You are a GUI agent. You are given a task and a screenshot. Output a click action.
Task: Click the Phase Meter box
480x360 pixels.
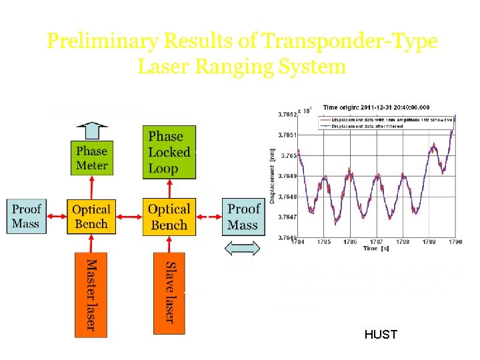tap(92, 159)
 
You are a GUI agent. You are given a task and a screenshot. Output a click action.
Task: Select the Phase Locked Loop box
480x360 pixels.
tap(169, 153)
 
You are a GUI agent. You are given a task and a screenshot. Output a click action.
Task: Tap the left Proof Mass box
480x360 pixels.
tap(26, 217)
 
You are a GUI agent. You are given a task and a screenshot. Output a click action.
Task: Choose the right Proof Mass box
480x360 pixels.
tap(243, 217)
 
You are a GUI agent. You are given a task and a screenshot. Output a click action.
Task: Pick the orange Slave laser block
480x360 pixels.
tap(169, 292)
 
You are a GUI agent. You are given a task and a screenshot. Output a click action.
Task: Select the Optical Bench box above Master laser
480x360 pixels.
tap(91, 217)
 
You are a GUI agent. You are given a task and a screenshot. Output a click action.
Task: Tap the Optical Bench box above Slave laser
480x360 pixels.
tap(169, 217)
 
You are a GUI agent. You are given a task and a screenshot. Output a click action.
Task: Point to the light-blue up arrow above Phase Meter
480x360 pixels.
tap(92, 127)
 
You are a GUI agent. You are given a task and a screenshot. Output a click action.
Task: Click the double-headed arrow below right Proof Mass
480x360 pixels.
tap(243, 249)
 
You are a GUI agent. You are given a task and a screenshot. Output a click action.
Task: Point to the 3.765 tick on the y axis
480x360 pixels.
tap(287, 155)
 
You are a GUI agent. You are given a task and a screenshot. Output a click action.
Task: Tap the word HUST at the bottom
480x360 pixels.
tap(381, 335)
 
